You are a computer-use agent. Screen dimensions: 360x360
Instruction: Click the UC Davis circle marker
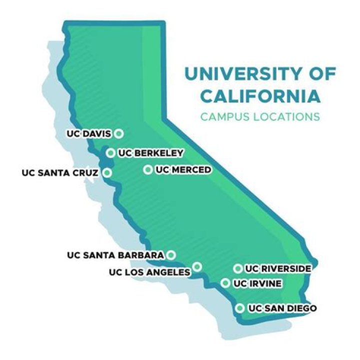point(118,133)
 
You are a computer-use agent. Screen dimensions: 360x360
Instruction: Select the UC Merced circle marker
point(148,169)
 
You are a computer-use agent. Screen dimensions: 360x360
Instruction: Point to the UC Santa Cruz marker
point(107,173)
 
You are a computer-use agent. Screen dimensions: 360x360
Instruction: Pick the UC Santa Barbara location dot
point(171,255)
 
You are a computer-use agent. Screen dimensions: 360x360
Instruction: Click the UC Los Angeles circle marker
point(197,266)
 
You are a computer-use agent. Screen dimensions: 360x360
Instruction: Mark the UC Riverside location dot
point(238,269)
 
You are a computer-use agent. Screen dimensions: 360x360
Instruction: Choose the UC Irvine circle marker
point(226,283)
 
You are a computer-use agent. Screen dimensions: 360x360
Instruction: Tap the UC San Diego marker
point(240,308)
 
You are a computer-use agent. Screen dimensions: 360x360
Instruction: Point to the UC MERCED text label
point(183,170)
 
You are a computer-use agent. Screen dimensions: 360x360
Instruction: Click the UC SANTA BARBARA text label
point(115,255)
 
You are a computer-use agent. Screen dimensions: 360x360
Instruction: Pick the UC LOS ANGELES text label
point(149,272)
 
